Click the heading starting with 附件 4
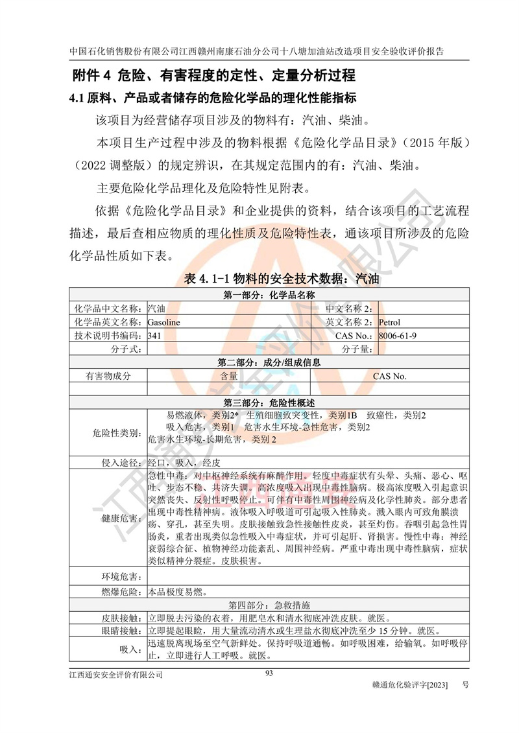click(212, 75)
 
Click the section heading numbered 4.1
click(213, 99)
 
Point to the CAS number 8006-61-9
click(398, 336)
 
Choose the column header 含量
click(228, 376)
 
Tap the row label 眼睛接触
click(121, 630)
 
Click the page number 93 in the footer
click(269, 673)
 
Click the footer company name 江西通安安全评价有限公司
click(116, 675)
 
